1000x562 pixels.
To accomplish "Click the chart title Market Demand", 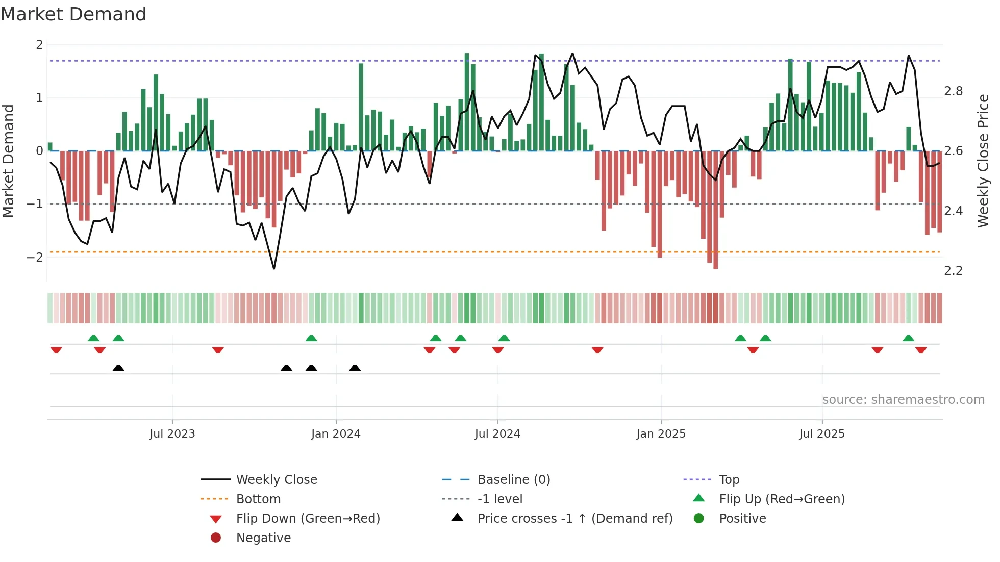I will pos(73,14).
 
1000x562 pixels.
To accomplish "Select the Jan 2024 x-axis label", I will pos(336,434).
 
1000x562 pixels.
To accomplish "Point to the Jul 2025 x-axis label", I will pos(821,434).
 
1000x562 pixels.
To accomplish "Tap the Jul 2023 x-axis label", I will pos(172,434).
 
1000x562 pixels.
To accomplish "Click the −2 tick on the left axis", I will pos(35,257).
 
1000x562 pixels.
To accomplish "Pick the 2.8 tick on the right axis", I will pos(953,91).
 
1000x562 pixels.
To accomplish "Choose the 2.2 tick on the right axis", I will pos(953,271).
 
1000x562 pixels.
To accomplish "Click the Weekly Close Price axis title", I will pos(983,161).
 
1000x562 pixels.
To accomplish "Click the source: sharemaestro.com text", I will pos(903,400).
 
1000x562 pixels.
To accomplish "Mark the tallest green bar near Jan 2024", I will pos(361,107).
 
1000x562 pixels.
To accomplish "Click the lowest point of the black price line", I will pos(274,268).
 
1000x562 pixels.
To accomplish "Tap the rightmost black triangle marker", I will pos(355,368).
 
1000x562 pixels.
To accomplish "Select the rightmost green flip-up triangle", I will pos(908,338).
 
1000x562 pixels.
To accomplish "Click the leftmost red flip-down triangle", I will pos(56,350).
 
